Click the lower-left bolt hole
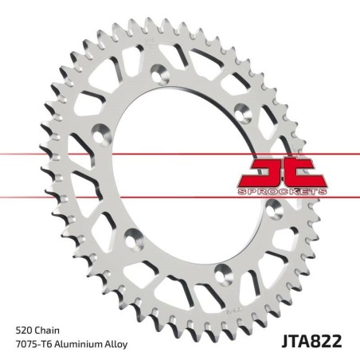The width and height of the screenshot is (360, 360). (134, 236)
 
